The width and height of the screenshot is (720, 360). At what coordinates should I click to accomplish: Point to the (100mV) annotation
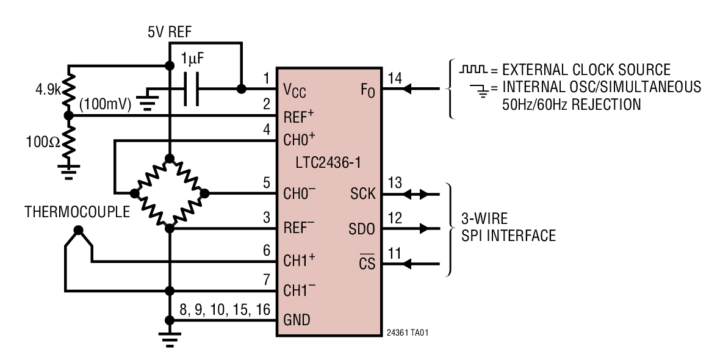click(106, 105)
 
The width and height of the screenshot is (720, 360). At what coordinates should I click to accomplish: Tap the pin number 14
click(395, 77)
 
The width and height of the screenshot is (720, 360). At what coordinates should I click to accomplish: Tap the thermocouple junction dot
click(78, 231)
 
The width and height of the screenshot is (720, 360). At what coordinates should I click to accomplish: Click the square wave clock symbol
click(473, 69)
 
